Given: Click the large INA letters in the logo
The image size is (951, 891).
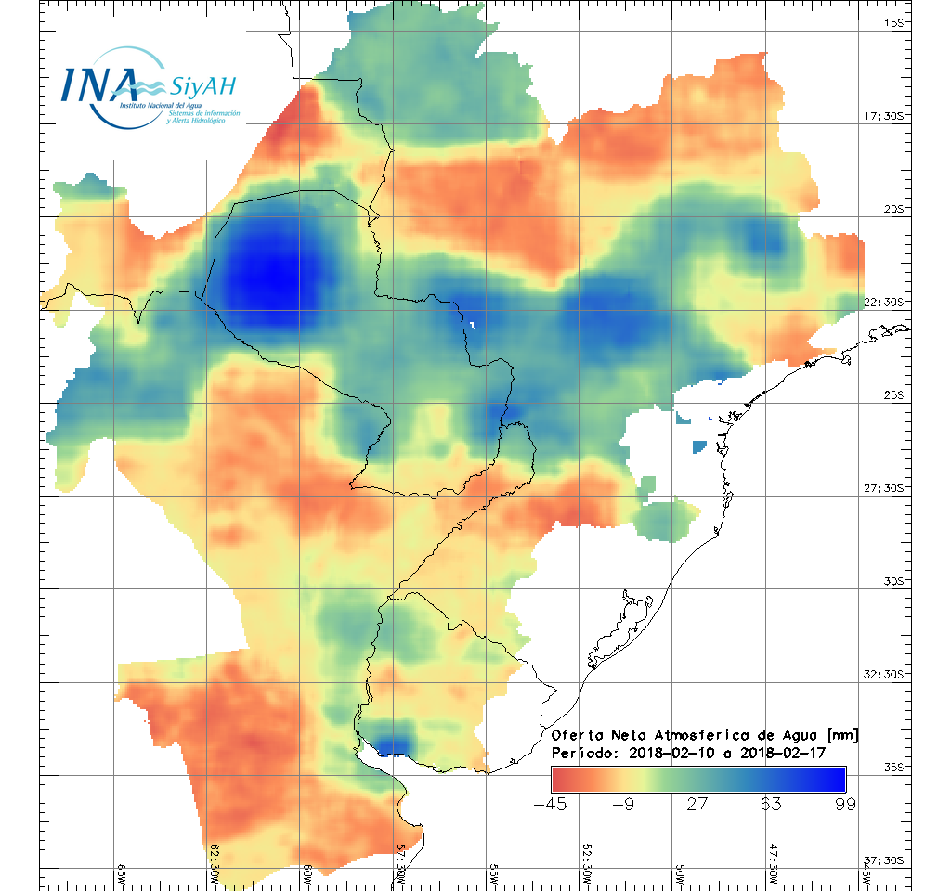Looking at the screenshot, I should click(99, 84).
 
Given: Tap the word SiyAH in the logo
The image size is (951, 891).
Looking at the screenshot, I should click(202, 86).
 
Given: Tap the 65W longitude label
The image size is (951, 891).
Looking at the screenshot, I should click(122, 875).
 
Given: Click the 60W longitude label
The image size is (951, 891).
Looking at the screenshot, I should click(307, 875).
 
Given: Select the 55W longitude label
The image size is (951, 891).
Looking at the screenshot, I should click(493, 875).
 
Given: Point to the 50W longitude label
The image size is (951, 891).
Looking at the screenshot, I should click(679, 875).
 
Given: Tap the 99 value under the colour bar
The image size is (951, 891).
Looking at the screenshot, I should click(844, 804).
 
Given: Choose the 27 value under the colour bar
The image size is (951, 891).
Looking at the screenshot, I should click(697, 804).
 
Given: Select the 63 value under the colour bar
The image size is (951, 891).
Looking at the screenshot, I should click(771, 804).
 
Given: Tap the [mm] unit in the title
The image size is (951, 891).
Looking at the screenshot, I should click(841, 735).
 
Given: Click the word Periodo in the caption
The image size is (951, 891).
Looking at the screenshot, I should click(581, 753).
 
